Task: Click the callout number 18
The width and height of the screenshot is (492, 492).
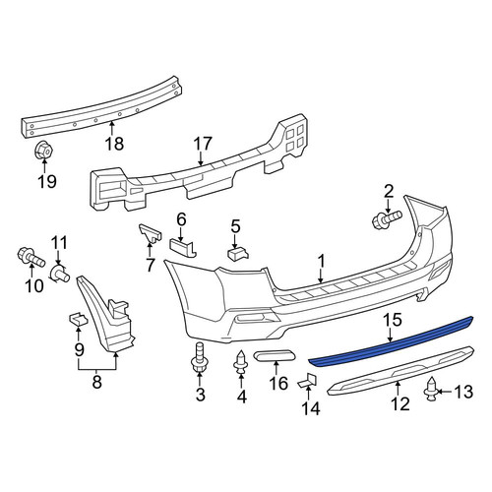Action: tap(114, 144)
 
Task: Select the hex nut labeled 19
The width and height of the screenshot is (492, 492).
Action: tap(44, 151)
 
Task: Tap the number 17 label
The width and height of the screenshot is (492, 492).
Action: tap(203, 145)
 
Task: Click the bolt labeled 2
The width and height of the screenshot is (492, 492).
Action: tap(387, 219)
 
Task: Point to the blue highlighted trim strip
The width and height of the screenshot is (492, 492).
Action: tap(391, 341)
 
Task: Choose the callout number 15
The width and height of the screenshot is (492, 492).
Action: tap(394, 321)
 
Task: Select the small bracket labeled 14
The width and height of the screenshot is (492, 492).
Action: tap(308, 381)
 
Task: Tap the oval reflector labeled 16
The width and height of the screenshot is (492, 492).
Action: tap(276, 355)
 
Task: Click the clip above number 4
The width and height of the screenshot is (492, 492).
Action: tap(241, 362)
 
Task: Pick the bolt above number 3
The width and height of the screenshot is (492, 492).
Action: tap(199, 358)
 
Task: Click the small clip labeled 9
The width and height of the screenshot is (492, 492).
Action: tap(78, 319)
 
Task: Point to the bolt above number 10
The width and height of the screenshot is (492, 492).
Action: tap(31, 257)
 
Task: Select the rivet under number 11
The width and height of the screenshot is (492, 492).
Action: tap(59, 274)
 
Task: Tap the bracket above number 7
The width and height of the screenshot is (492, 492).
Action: tap(150, 233)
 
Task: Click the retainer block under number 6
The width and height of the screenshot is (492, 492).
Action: tap(183, 248)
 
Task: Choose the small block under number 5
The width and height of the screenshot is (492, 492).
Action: tap(238, 253)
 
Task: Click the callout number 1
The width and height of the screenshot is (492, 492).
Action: tap(321, 261)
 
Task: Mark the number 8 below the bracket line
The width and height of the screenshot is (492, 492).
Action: tap(97, 382)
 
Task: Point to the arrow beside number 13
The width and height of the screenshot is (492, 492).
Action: tap(445, 392)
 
